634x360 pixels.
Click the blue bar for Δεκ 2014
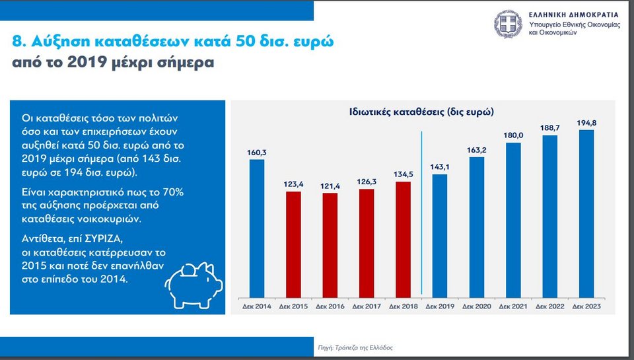point(257,228)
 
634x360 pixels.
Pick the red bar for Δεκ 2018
point(403,238)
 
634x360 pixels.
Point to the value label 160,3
point(257,153)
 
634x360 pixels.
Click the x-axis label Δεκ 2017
point(367,306)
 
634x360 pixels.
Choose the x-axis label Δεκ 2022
point(549,306)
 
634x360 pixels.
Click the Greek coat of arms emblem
point(507,24)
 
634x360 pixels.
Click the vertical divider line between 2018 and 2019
point(421,211)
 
